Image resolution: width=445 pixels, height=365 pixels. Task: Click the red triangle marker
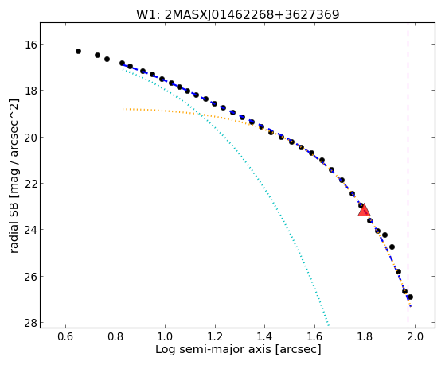tap(364, 210)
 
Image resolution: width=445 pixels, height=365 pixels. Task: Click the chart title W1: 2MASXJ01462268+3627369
tap(237, 15)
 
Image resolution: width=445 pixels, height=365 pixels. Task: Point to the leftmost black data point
tap(78, 52)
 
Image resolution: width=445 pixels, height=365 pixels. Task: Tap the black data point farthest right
tap(410, 297)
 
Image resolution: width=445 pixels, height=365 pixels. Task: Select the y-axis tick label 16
tap(29, 45)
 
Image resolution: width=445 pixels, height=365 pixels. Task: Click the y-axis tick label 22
tap(29, 184)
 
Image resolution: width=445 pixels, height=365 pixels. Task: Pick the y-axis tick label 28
tap(29, 323)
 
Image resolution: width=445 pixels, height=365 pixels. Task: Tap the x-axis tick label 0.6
tap(66, 337)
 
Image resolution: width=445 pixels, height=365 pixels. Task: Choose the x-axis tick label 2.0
tap(415, 337)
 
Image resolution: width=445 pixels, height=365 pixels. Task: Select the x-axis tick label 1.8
tap(365, 337)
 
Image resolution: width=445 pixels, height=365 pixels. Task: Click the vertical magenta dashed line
tap(408, 173)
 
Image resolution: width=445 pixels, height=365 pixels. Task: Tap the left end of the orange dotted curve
tap(123, 109)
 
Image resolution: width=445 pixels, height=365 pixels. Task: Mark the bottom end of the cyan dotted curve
tap(328, 325)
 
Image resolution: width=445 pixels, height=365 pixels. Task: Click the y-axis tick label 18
tap(29, 91)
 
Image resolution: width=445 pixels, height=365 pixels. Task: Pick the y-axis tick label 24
tap(29, 230)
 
